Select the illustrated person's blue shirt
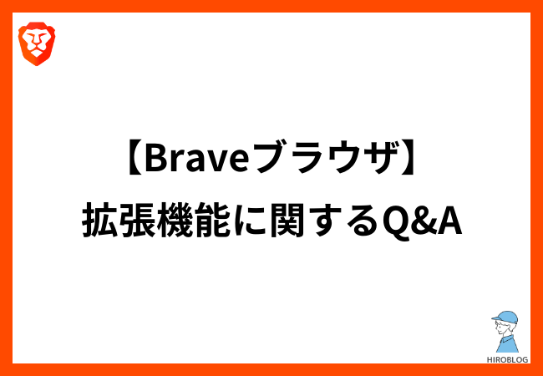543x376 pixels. coord(507,343)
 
